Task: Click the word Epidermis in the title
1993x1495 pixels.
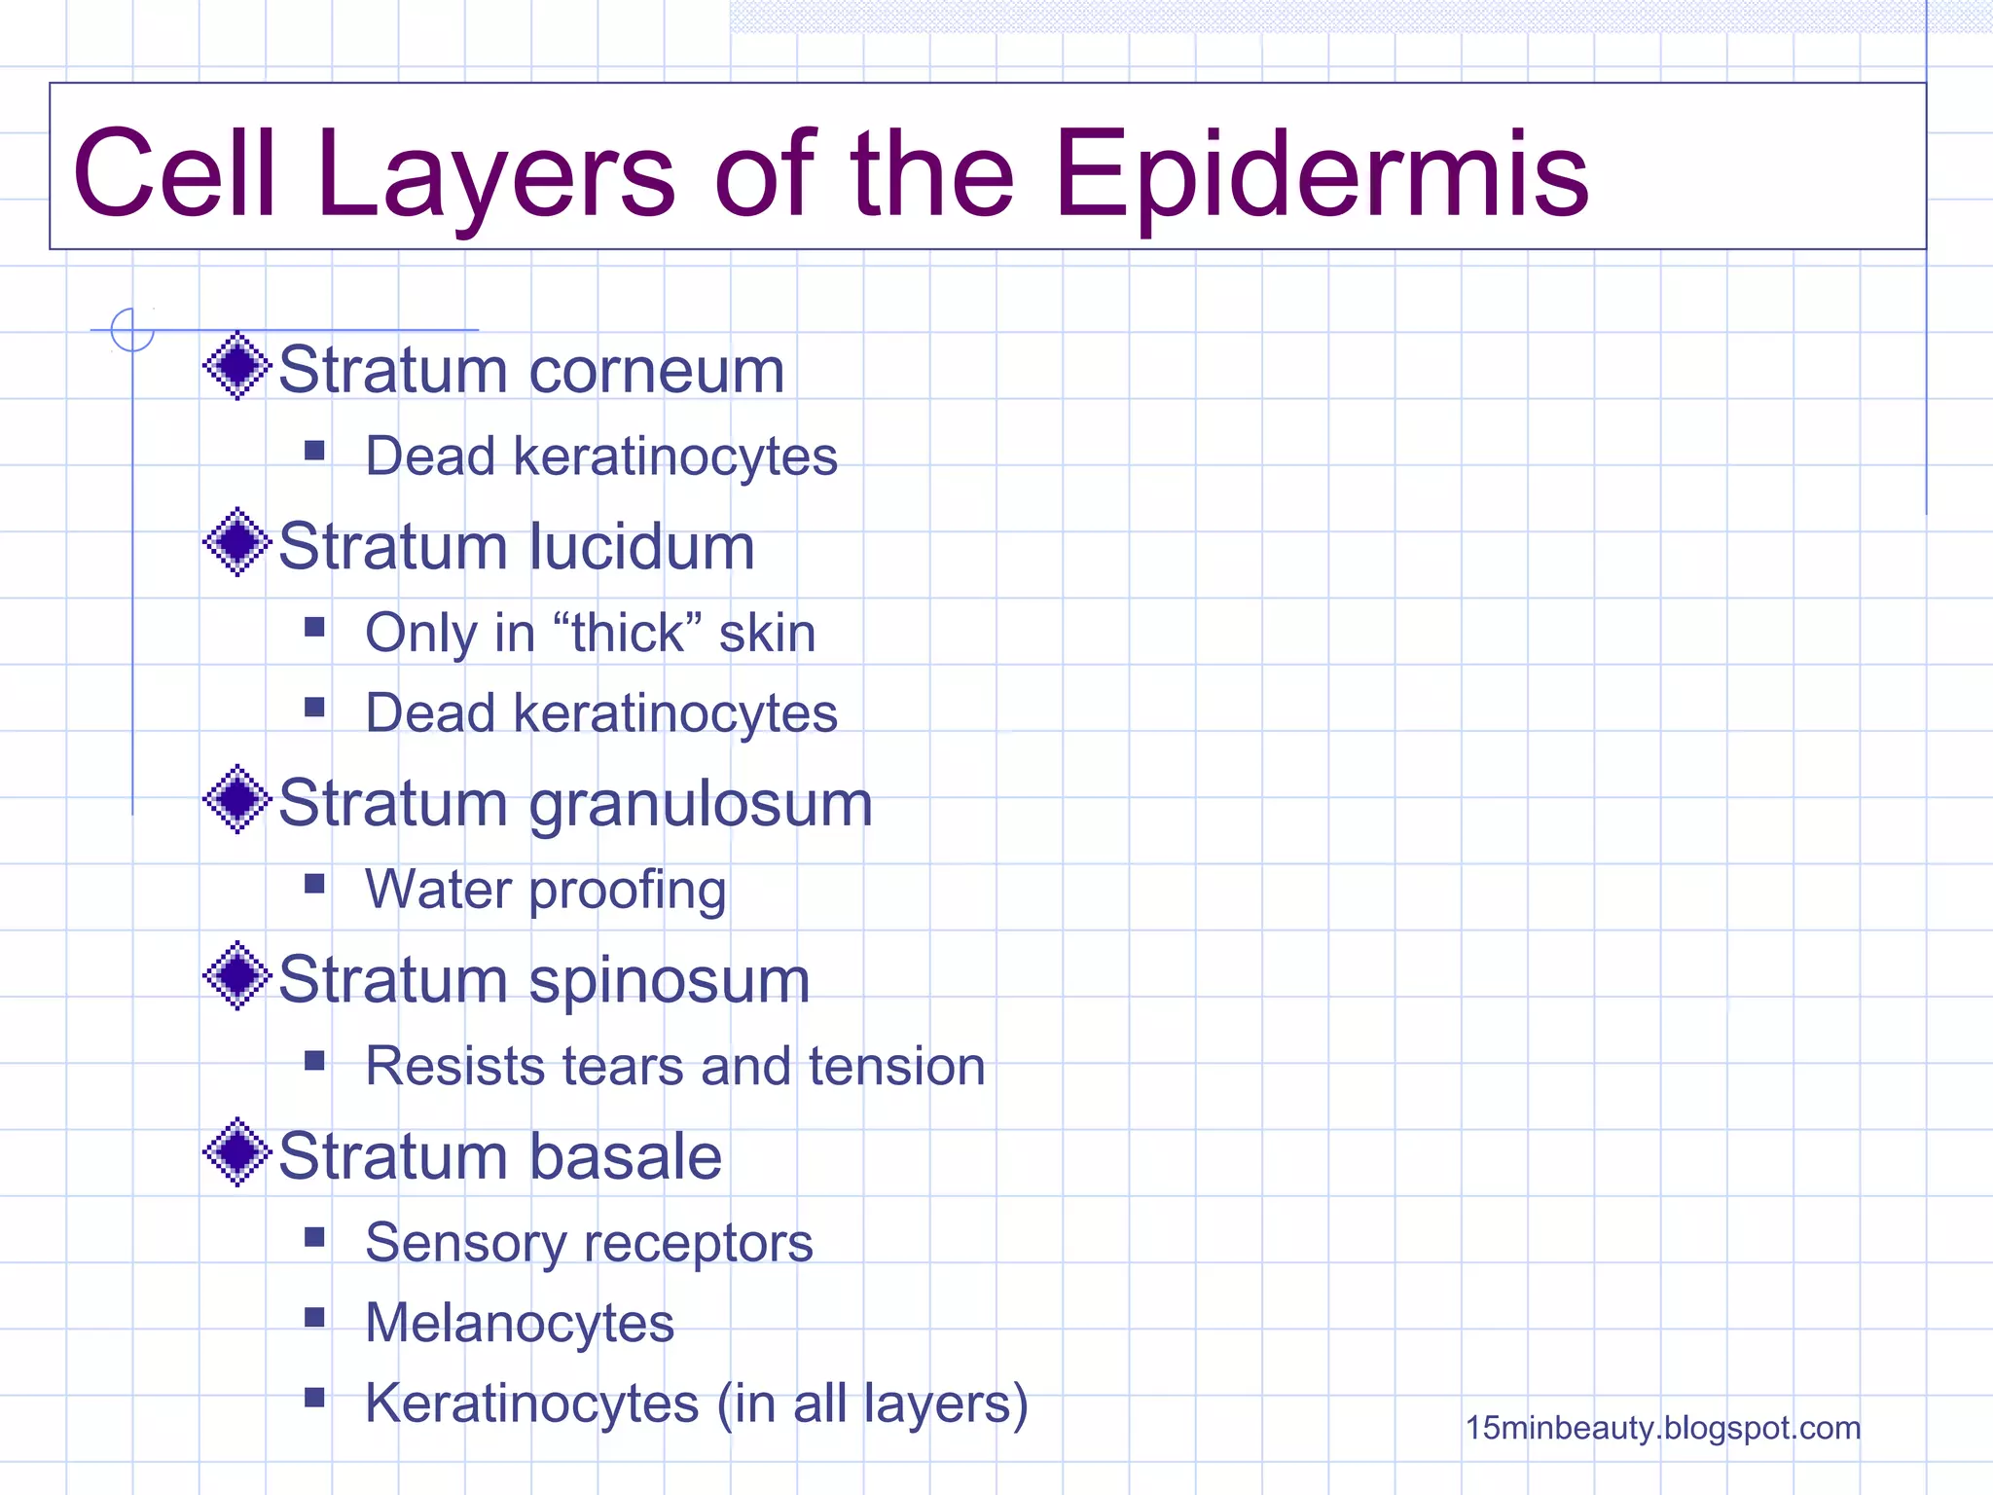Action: pos(1322,175)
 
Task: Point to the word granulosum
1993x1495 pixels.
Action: pos(701,805)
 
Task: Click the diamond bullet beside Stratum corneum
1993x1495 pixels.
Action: pos(236,366)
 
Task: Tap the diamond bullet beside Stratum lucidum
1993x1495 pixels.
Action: pos(236,542)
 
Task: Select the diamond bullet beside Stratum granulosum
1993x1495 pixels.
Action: pos(236,800)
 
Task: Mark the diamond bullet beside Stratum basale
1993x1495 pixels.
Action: pos(236,1152)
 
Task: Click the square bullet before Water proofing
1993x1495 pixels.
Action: pos(314,884)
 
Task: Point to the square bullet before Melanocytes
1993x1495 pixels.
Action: pos(314,1318)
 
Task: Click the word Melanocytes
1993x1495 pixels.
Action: pos(520,1323)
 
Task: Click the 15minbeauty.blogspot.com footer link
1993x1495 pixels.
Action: pos(1662,1428)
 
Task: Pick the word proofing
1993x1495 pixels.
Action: pos(628,891)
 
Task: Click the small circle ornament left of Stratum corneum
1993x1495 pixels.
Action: pos(132,330)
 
